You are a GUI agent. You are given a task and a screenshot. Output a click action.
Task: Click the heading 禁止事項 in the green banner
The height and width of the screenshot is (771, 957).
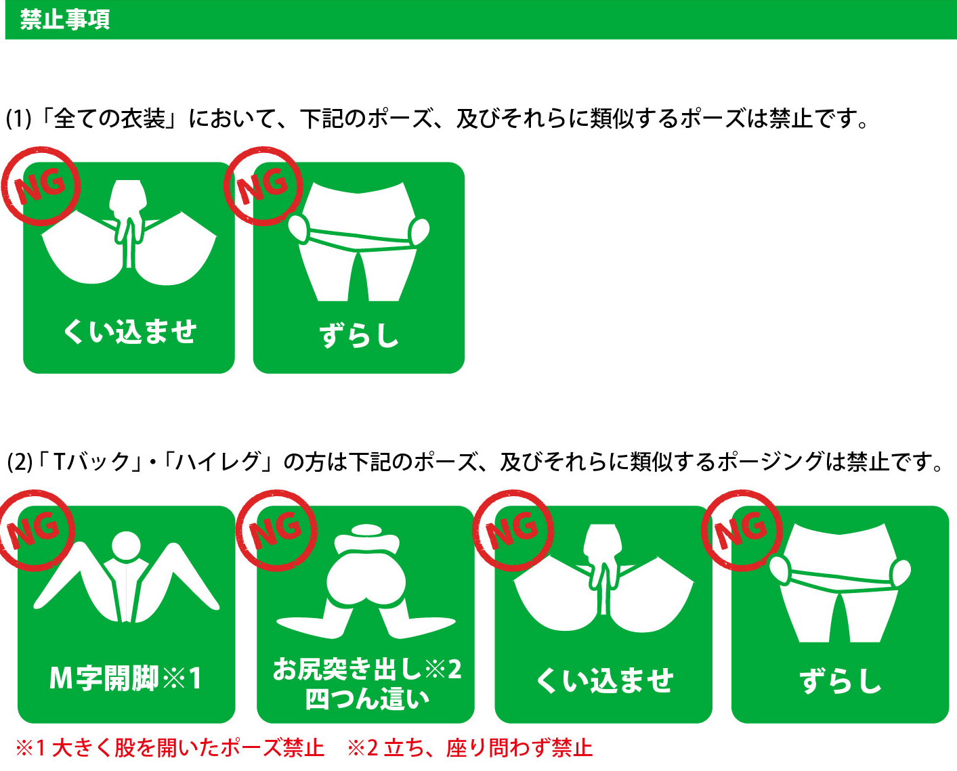pos(65,20)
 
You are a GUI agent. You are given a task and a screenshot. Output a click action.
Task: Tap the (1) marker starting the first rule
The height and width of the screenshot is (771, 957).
pos(19,119)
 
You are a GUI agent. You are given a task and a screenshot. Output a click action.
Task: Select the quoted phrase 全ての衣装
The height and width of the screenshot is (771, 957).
pos(110,118)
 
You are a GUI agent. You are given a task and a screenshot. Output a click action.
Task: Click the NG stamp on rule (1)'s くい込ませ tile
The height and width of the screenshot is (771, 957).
pos(41,186)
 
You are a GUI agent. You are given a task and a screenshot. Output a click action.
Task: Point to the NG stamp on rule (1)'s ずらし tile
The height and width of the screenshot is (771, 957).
pos(263,186)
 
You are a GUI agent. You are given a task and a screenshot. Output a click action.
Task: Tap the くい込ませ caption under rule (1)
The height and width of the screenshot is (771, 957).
pos(129,332)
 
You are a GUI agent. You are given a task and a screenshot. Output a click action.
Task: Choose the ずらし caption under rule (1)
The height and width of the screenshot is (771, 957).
pos(358,334)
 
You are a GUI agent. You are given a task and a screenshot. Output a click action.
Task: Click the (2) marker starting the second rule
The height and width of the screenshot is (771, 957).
pos(20,462)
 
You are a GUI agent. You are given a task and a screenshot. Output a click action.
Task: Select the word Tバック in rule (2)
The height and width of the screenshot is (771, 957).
pos(91,462)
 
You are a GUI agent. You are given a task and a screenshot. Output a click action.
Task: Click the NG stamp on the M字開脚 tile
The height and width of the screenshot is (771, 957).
pos(35,530)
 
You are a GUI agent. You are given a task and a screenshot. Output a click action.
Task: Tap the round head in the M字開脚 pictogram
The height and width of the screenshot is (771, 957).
pos(126,546)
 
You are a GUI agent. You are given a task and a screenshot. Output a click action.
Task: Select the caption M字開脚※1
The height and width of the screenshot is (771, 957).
pos(126,678)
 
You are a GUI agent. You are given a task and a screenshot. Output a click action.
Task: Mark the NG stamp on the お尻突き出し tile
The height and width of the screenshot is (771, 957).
pos(276,530)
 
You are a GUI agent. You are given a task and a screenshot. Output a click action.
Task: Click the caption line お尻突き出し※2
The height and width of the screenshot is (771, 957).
pos(367,669)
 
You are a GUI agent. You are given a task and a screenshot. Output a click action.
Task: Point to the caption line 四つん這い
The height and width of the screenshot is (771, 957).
pos(367,699)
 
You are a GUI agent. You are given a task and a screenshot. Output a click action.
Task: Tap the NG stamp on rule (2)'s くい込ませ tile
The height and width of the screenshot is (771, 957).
pos(513,530)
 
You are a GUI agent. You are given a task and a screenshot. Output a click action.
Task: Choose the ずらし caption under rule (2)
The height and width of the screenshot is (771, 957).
pos(841,680)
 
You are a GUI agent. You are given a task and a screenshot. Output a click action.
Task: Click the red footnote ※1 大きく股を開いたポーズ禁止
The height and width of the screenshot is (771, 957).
pos(170,749)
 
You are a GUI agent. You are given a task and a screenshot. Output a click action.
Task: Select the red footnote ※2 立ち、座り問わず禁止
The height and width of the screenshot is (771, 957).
pos(470,749)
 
